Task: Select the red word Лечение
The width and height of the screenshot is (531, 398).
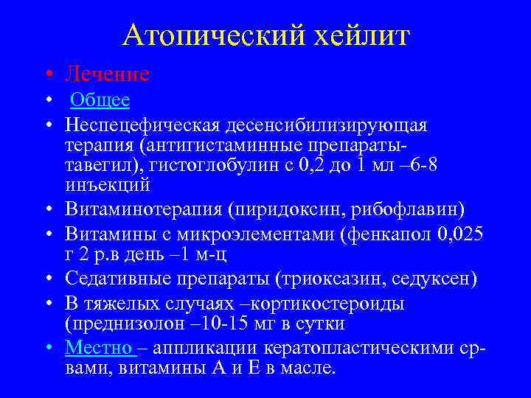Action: click(x=107, y=74)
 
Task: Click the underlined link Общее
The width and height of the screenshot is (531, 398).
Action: click(x=100, y=100)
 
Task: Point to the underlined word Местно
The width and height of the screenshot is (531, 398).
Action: click(x=99, y=346)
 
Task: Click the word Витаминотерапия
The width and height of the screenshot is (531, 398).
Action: click(x=144, y=211)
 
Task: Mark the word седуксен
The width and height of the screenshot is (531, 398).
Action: click(x=435, y=279)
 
